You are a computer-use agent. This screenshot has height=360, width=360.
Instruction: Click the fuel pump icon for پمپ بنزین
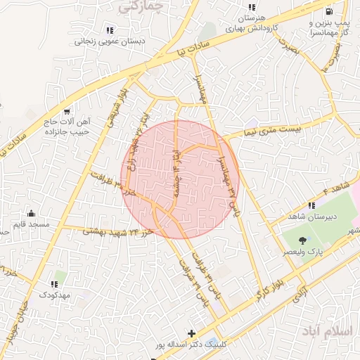click(x=329, y=11)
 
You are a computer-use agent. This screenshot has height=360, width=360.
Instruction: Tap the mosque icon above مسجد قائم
click(x=31, y=213)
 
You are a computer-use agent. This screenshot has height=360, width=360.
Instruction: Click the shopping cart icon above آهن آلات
click(x=67, y=110)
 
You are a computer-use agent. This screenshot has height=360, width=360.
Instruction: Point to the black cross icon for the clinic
click(x=191, y=333)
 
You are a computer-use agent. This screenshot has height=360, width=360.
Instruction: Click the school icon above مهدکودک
click(x=53, y=284)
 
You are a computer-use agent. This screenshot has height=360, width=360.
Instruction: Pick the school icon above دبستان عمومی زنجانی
click(x=109, y=30)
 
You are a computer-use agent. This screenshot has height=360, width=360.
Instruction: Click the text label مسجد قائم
click(x=30, y=224)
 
